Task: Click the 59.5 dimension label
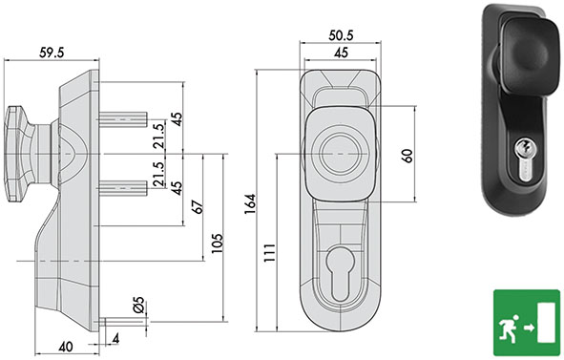click(52, 53)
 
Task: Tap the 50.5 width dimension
click(341, 35)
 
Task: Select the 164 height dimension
click(250, 204)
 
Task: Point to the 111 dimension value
click(269, 253)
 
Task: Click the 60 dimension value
click(407, 156)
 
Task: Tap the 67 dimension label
click(198, 206)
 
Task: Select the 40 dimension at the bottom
click(66, 347)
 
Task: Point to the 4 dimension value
click(115, 339)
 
